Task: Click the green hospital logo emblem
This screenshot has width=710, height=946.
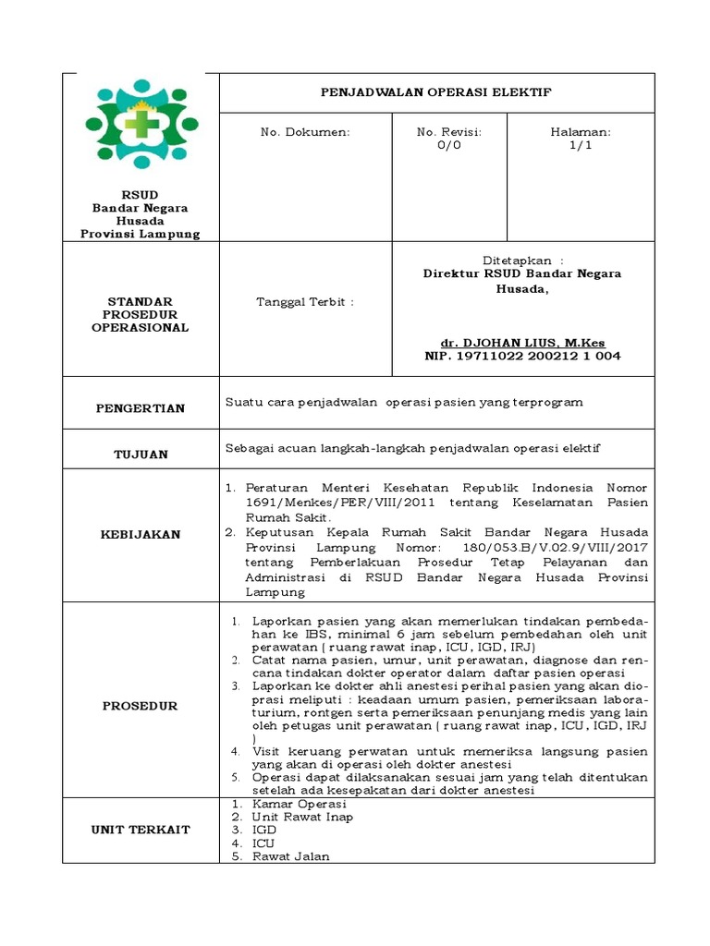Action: pos(141,124)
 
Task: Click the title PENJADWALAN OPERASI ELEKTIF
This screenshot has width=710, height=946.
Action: pos(435,93)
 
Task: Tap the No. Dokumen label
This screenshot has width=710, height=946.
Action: pos(306,133)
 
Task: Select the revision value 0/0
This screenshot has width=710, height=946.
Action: pos(449,146)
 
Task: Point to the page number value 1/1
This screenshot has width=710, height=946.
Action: pos(581,146)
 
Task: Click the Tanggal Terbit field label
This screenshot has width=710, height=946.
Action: pos(304,301)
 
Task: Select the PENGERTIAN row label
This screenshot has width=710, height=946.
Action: pos(140,408)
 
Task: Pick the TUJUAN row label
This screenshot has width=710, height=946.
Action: pos(140,455)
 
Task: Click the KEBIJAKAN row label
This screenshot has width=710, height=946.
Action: pos(140,534)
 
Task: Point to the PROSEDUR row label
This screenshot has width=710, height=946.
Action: pos(140,706)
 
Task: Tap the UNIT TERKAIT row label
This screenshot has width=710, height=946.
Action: pos(140,830)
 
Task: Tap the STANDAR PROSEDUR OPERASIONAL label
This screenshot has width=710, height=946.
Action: pos(140,314)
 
